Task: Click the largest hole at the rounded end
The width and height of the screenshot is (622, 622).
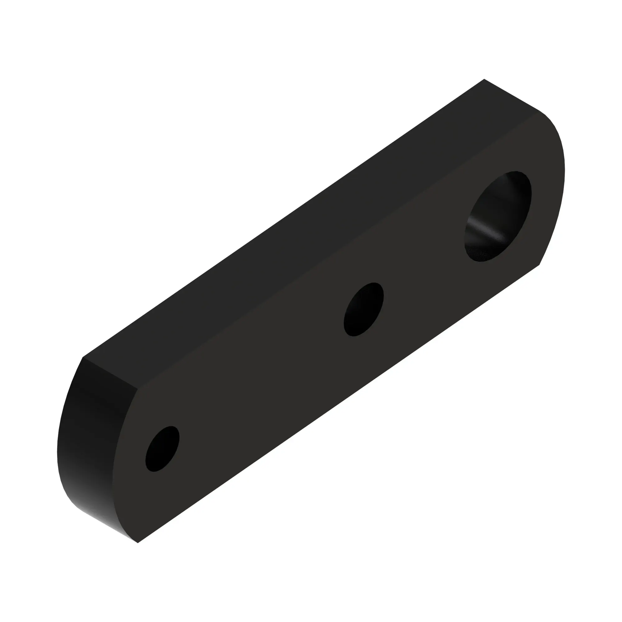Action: tap(498, 216)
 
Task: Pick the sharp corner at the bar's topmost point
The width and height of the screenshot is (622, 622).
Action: tap(484, 79)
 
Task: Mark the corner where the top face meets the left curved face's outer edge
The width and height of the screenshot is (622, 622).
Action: tap(83, 357)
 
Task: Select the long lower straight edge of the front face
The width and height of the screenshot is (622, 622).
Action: tap(338, 404)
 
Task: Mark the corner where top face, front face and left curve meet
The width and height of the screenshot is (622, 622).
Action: tap(138, 389)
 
